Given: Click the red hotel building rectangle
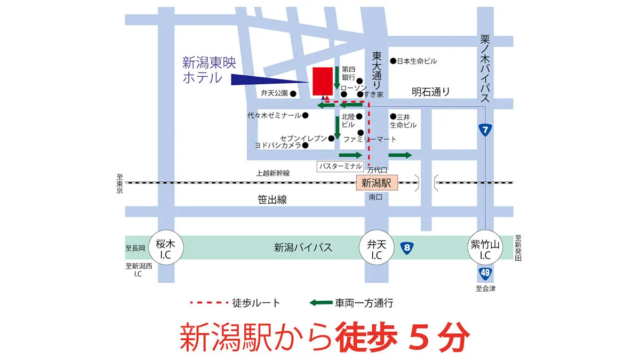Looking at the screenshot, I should pos(322,81).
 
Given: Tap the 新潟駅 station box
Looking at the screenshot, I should pos(377,183).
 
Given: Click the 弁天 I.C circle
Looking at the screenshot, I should pos(377,247).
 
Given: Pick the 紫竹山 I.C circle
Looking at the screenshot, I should pos(484,247).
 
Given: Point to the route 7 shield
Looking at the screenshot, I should pos(484,130).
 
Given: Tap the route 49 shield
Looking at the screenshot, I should pos(484,274).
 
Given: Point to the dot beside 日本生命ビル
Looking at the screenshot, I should pos(393,61).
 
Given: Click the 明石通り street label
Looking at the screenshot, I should pos(430,92).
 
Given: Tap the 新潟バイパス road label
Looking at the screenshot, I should pos(303,247).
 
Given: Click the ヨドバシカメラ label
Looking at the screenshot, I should pos(277,145).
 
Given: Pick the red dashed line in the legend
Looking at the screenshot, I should pos(208,303).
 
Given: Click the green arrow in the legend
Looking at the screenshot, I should pos(321,303).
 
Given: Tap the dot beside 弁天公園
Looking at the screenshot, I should pos(293,93).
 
